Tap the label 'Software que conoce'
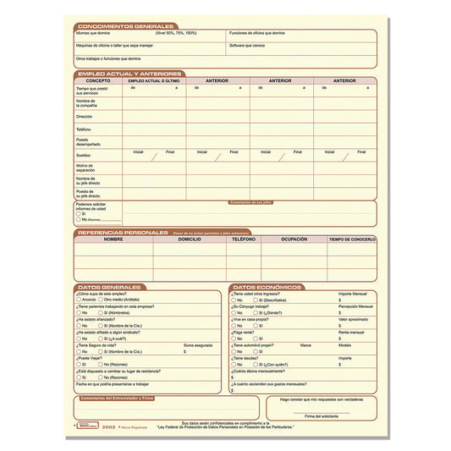point(247,45)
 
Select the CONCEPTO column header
point(97,81)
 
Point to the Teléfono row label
point(84,129)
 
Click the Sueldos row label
point(83,156)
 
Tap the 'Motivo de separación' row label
point(87,168)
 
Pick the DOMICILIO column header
point(190,239)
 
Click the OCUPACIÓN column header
point(294,239)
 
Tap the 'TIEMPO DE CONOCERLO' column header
point(352,239)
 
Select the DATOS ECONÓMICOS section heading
point(267,287)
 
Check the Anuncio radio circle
point(79,300)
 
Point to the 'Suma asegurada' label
point(196,345)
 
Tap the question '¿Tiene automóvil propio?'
point(255,345)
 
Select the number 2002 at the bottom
point(108,428)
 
